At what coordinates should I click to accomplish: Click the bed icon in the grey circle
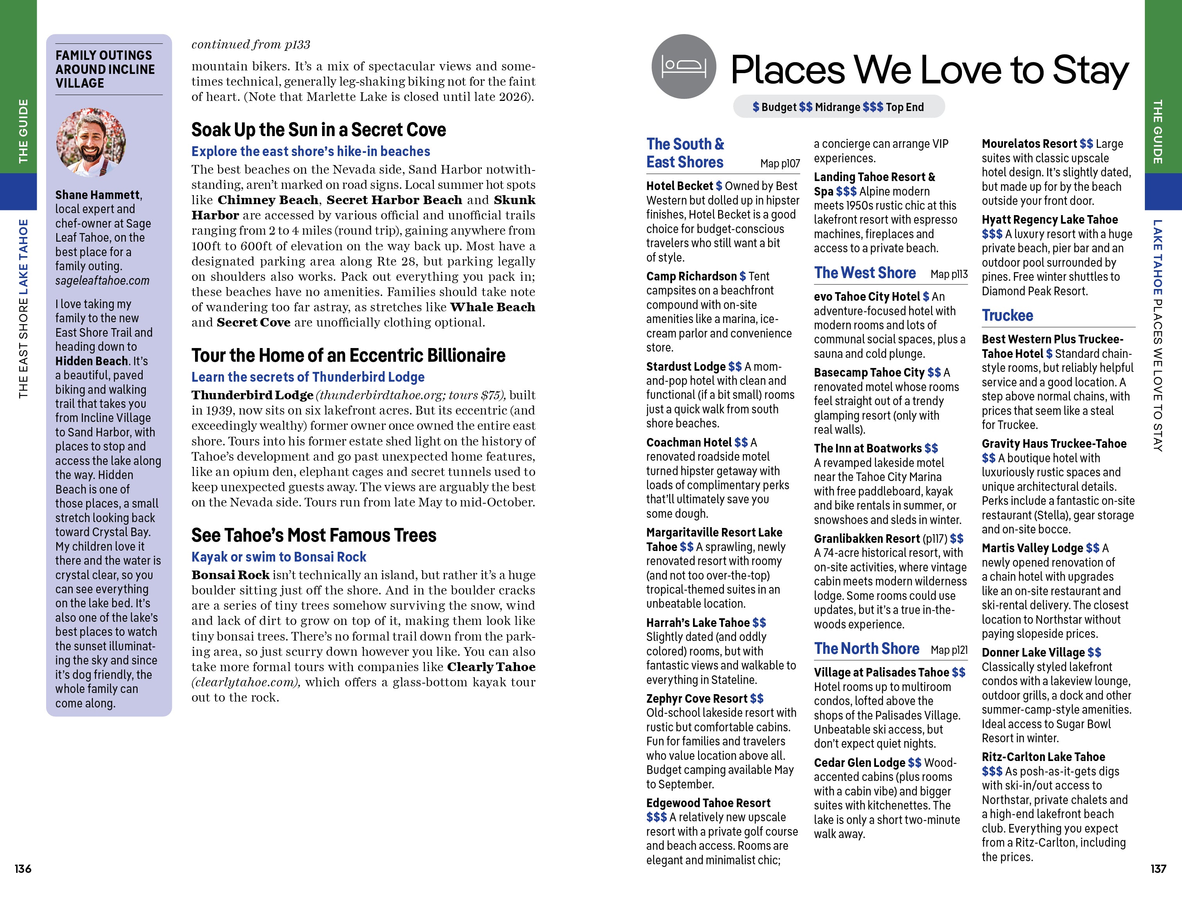click(x=684, y=66)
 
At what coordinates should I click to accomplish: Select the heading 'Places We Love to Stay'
click(x=929, y=70)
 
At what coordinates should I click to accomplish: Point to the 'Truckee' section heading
click(x=1007, y=315)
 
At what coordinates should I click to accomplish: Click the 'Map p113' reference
click(x=949, y=275)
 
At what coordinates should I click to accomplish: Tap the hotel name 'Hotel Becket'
click(x=679, y=186)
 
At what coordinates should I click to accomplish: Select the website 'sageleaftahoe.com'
click(x=102, y=280)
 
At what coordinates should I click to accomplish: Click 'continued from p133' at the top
click(x=251, y=45)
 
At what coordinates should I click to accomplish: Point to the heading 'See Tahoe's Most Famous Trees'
click(x=313, y=535)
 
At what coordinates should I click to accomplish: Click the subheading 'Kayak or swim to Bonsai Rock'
click(x=279, y=557)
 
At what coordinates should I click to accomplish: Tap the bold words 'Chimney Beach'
click(x=268, y=200)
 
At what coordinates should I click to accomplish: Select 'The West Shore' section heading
click(x=865, y=273)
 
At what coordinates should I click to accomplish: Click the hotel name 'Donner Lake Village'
click(x=1033, y=652)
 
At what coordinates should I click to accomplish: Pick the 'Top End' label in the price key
click(x=904, y=107)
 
